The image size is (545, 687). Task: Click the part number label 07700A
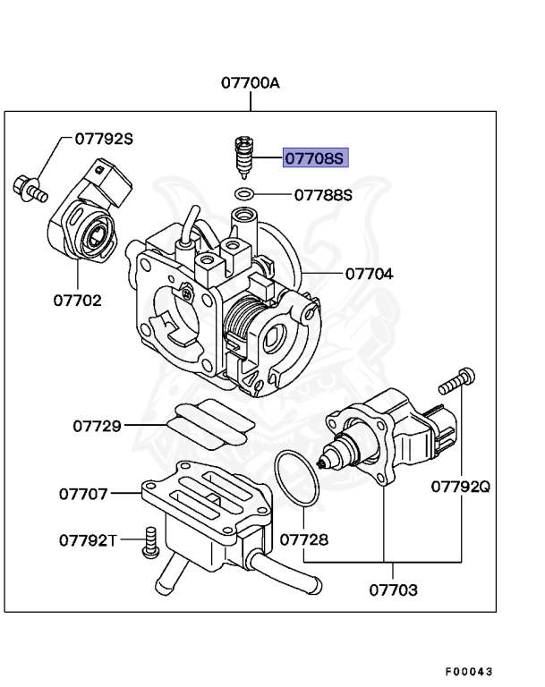[x=251, y=84]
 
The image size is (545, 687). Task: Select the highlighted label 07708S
[x=314, y=159]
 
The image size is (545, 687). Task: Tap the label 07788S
[x=323, y=194]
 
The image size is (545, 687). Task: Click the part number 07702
[x=76, y=300]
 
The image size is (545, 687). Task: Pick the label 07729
[x=97, y=426]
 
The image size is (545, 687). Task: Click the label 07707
[x=84, y=493]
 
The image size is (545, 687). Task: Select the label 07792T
[x=89, y=540]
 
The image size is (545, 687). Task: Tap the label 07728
[x=303, y=540]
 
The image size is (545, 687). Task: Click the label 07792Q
[x=461, y=487]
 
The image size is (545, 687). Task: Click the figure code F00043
[x=469, y=671]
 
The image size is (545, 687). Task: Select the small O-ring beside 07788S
[x=243, y=194]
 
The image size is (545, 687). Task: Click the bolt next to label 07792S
[x=28, y=185]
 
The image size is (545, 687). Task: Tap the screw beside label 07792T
[x=149, y=542]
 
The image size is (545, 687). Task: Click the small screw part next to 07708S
[x=242, y=158]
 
